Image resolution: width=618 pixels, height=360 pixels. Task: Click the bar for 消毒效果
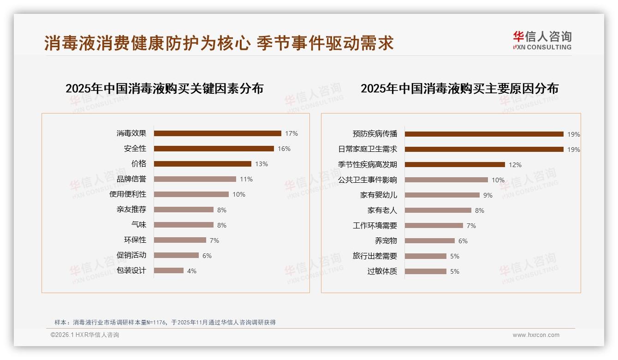tap(217, 133)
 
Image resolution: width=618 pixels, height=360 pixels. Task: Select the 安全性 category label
tap(135, 149)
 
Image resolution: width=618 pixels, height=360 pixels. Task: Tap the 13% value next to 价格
tap(261, 164)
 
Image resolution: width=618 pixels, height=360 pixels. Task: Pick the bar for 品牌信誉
tap(195, 179)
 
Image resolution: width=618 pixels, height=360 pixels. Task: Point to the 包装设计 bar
tap(168, 271)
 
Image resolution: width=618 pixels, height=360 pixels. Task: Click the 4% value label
tap(192, 271)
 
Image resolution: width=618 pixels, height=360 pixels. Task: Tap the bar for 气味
tap(184, 225)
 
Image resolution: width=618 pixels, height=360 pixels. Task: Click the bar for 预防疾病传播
tap(484, 134)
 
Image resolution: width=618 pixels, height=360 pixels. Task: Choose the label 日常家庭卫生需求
tap(367, 149)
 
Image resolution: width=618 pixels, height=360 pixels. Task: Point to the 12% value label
tap(515, 165)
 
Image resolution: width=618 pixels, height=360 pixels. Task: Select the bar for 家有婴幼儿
tap(442, 195)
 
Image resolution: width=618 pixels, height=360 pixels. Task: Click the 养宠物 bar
tap(429, 241)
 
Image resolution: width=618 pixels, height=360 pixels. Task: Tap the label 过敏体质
tap(382, 271)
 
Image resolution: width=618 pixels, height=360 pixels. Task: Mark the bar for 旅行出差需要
tap(425, 256)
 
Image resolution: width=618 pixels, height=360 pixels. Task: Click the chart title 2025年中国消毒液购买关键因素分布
tap(164, 89)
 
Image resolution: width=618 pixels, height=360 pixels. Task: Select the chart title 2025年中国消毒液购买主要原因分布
tap(459, 89)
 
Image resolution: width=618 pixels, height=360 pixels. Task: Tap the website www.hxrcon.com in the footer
tap(536, 335)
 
